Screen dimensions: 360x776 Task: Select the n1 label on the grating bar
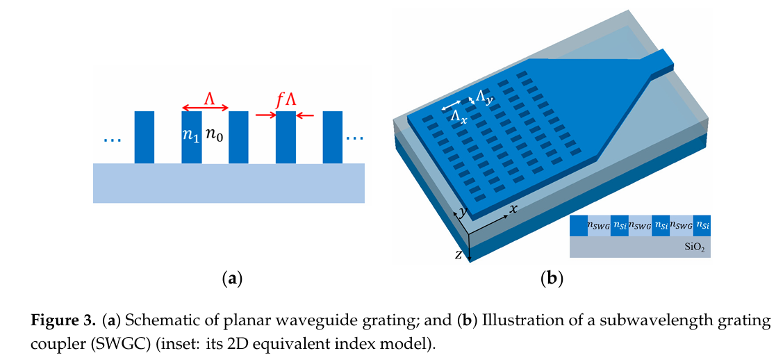191,136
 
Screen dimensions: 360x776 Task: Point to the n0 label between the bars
215,136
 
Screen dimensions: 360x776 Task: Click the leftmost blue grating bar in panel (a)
144,137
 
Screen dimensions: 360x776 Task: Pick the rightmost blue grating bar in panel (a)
333,137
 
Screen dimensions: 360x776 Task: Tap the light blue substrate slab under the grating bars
229,183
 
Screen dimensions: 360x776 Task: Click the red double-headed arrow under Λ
205,108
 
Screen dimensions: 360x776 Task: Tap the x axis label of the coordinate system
513,208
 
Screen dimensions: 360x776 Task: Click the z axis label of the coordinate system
459,254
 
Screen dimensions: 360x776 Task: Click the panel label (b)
551,279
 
